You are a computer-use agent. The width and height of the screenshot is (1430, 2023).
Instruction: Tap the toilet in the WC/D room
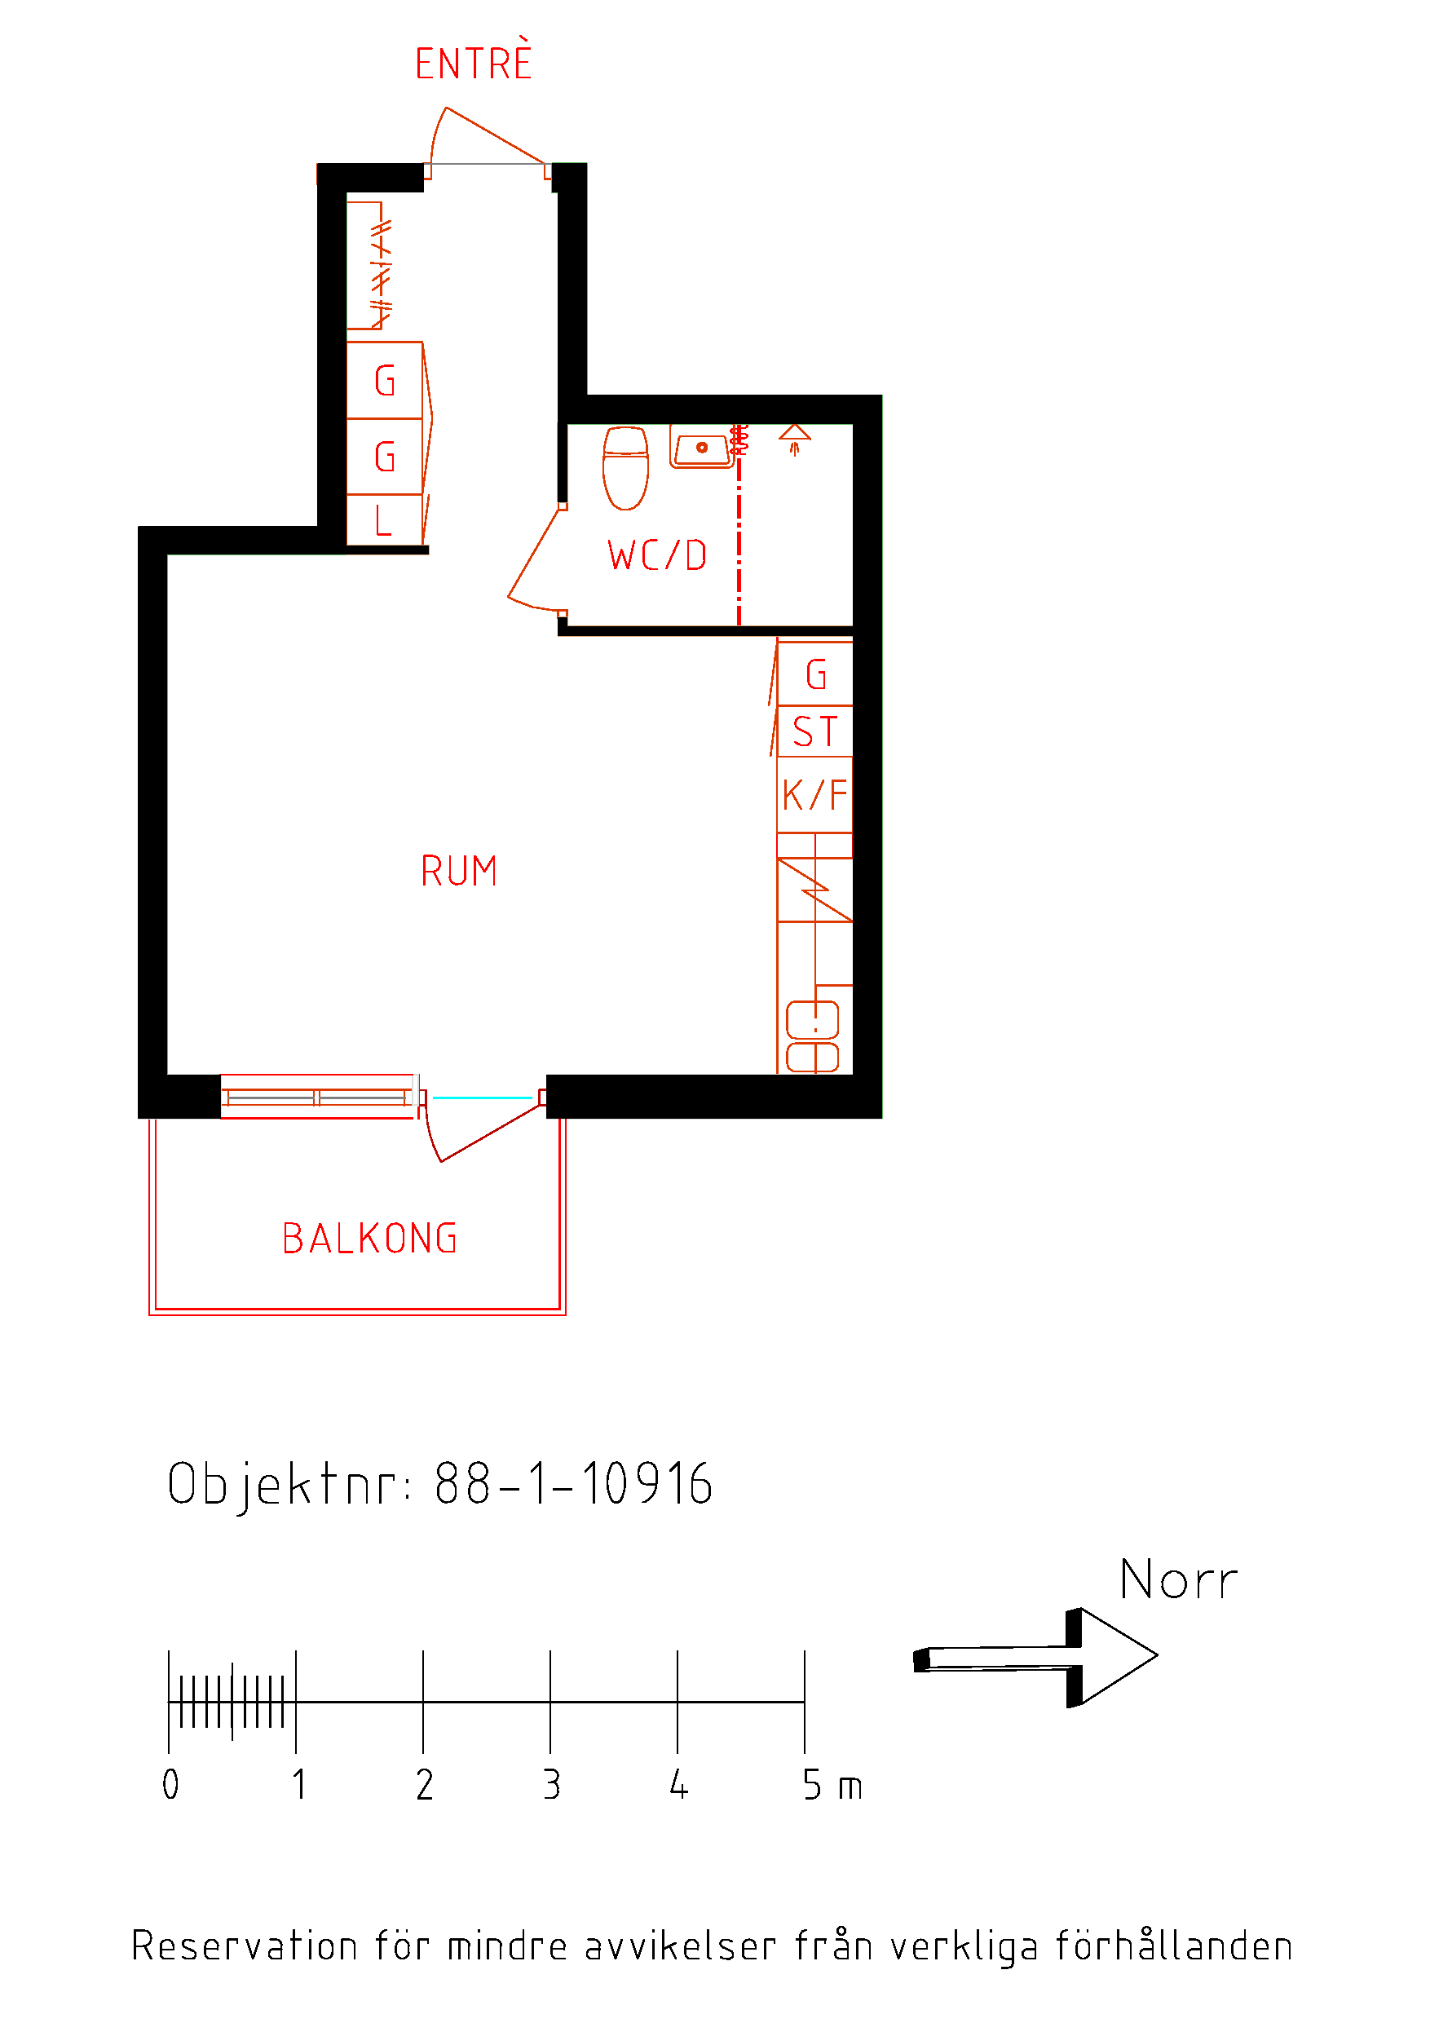pyautogui.click(x=625, y=468)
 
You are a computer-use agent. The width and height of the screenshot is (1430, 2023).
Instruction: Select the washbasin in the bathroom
pyautogui.click(x=701, y=447)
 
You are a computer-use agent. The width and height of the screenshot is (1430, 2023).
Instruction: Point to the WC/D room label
pyautogui.click(x=657, y=556)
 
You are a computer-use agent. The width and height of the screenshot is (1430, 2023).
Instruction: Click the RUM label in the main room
pyautogui.click(x=459, y=872)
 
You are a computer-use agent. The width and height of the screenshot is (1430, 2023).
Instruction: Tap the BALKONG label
pyautogui.click(x=370, y=1239)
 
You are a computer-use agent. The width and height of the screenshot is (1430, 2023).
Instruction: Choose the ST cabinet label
pyautogui.click(x=815, y=732)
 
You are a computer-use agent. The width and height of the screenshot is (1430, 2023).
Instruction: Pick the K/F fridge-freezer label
pyautogui.click(x=815, y=795)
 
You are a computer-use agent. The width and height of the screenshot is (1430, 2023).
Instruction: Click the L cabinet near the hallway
pyautogui.click(x=385, y=520)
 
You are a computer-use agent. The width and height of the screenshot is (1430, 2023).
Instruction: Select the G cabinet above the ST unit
pyautogui.click(x=815, y=674)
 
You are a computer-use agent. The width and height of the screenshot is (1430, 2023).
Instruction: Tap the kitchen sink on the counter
pyautogui.click(x=812, y=1036)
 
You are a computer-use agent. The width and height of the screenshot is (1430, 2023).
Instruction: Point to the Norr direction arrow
pyautogui.click(x=1035, y=1658)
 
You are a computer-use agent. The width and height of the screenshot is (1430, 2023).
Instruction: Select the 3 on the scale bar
pyautogui.click(x=552, y=1786)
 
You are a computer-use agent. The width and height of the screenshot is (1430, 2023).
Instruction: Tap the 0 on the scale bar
pyautogui.click(x=171, y=1786)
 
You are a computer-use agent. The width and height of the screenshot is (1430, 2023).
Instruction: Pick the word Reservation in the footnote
pyautogui.click(x=244, y=1945)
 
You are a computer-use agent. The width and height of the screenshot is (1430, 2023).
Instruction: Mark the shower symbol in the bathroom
pyautogui.click(x=795, y=438)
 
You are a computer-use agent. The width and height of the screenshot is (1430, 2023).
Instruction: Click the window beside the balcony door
pyautogui.click(x=318, y=1097)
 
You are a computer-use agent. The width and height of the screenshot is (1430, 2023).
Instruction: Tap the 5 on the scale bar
pyautogui.click(x=812, y=1786)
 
